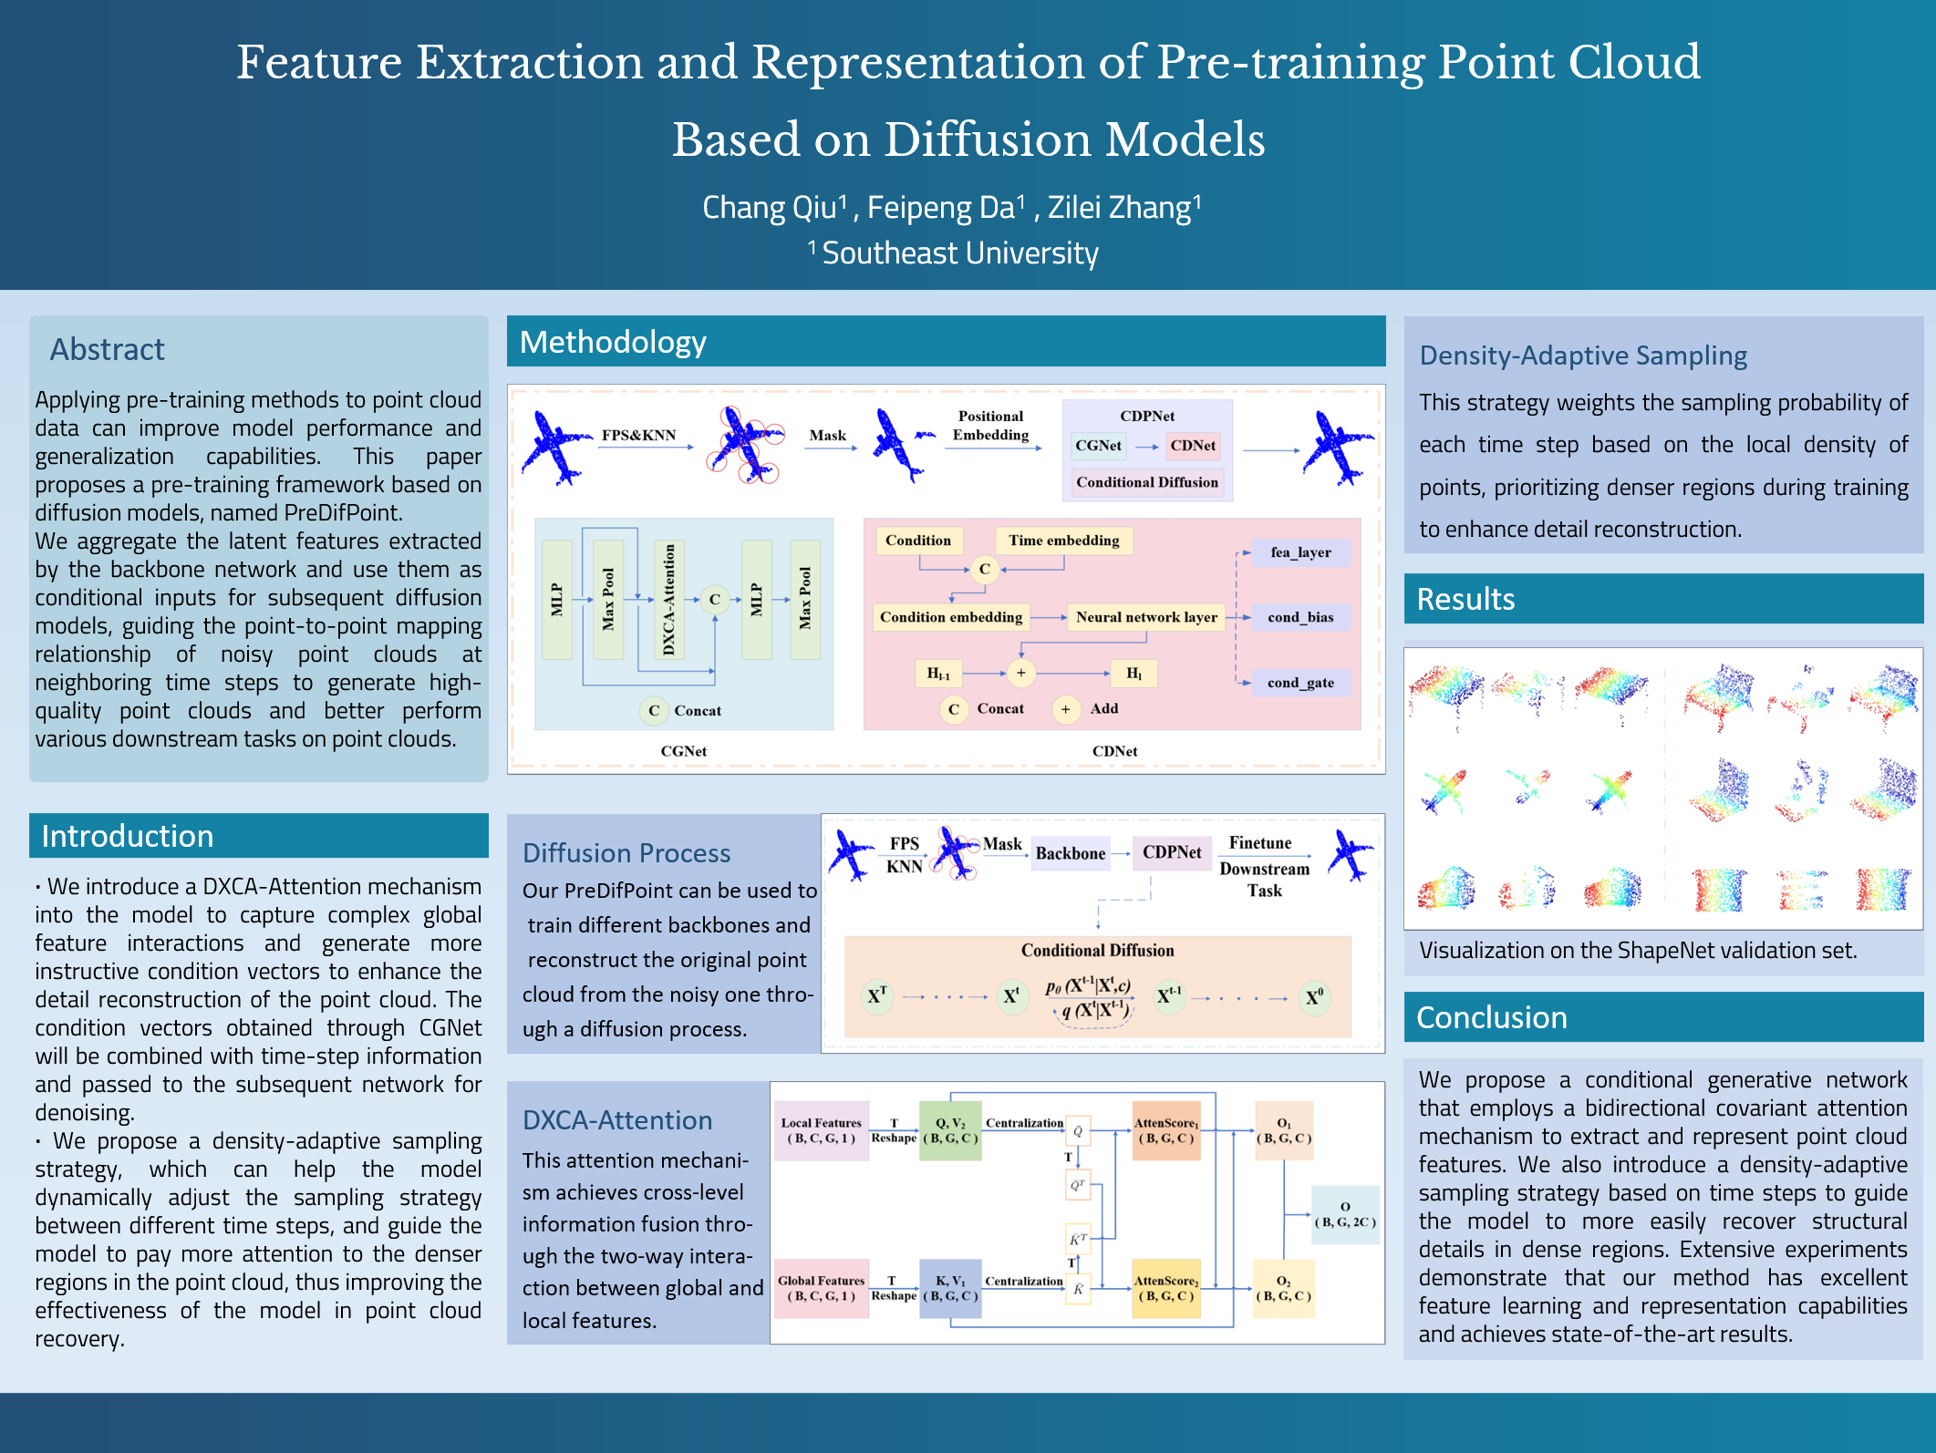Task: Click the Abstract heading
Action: [107, 349]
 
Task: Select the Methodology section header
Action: [612, 342]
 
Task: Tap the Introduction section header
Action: [127, 836]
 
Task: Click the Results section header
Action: [1465, 599]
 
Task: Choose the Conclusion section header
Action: [1491, 1017]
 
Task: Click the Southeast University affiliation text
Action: [959, 253]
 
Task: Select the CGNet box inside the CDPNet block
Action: [1098, 446]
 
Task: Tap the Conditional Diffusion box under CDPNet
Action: [1146, 482]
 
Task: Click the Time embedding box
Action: [1063, 541]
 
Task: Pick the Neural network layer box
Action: [1146, 617]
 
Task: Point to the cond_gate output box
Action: [1300, 683]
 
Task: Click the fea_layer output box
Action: [1300, 552]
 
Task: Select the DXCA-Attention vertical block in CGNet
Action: [669, 599]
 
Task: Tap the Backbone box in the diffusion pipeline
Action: [1070, 853]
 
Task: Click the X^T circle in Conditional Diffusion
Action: [877, 996]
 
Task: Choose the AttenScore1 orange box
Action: [1166, 1130]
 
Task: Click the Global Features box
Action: [821, 1288]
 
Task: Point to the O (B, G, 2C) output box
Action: [1344, 1214]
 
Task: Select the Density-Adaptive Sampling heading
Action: [1582, 356]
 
